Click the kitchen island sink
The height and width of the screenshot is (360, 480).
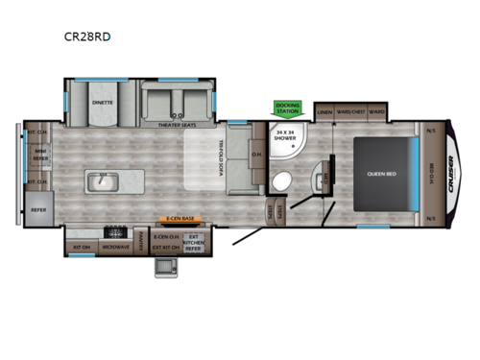(100, 180)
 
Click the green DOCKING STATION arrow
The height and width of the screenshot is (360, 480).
(287, 109)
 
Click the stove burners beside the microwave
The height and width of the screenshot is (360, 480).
(119, 231)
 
